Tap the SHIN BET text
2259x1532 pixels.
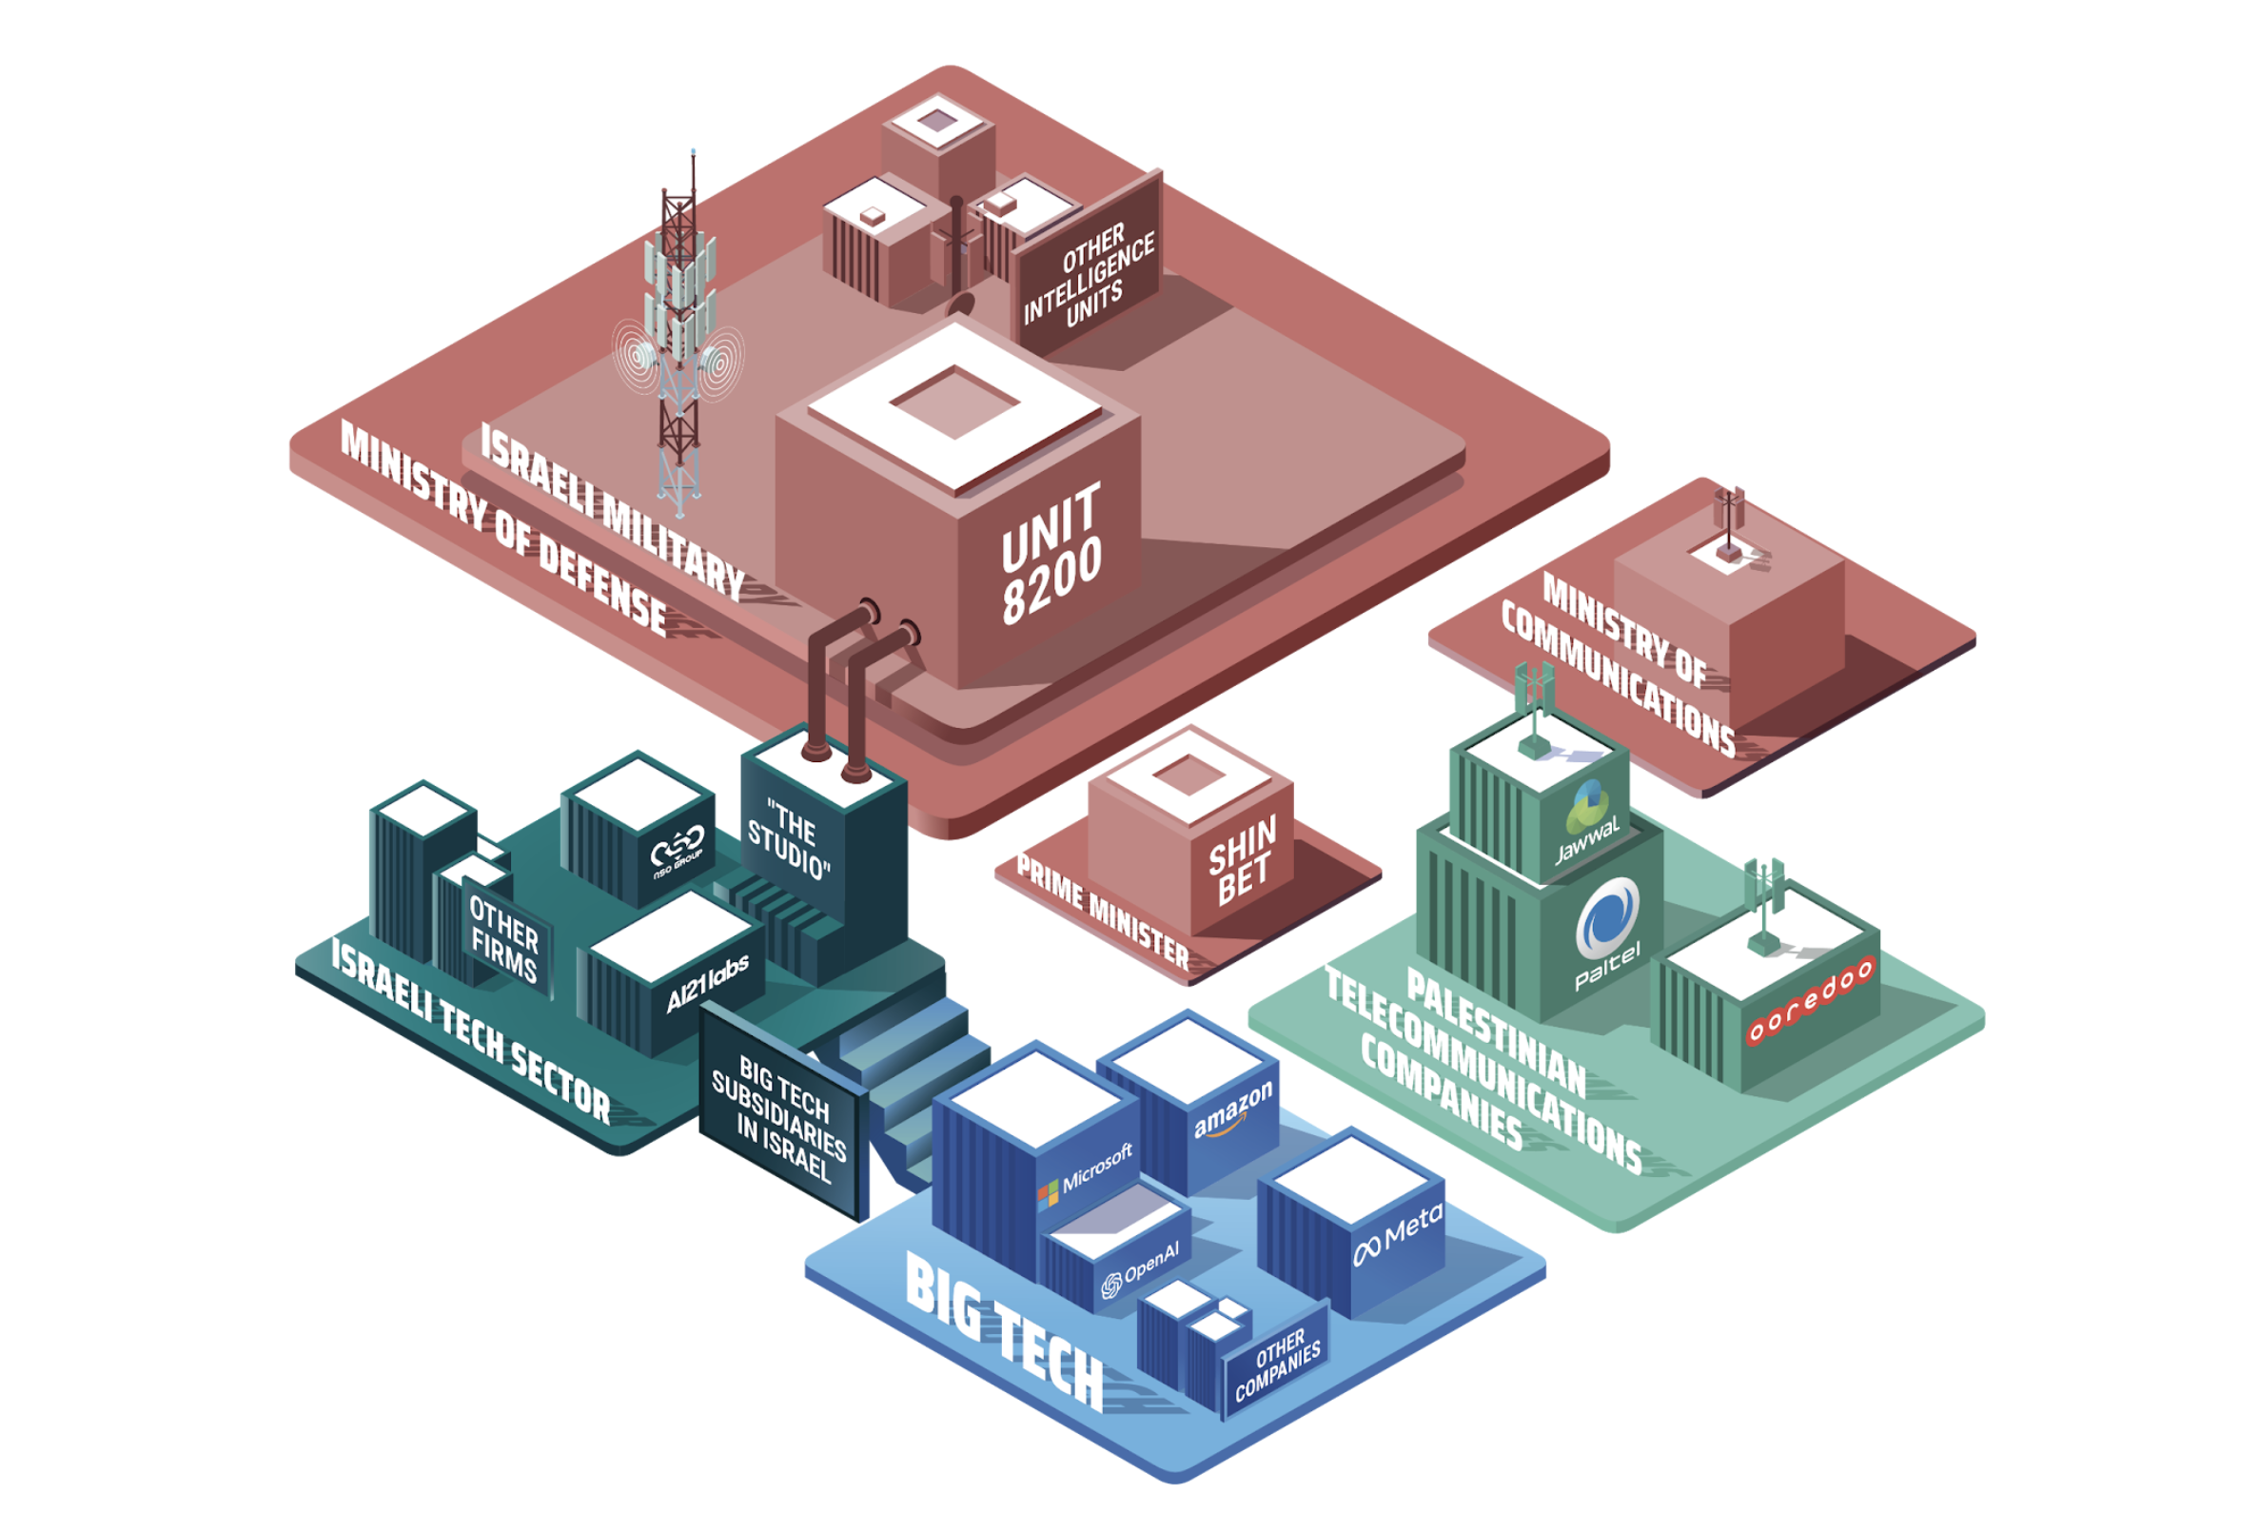pyautogui.click(x=1241, y=860)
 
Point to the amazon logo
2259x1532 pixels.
pyautogui.click(x=1232, y=1111)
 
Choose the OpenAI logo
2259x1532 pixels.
pyautogui.click(x=1140, y=1270)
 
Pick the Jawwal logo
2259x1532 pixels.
pyautogui.click(x=1587, y=822)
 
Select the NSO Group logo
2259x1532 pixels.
pyautogui.click(x=678, y=853)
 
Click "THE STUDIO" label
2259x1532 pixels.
pyautogui.click(x=788, y=839)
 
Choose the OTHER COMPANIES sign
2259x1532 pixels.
pyautogui.click(x=1277, y=1366)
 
